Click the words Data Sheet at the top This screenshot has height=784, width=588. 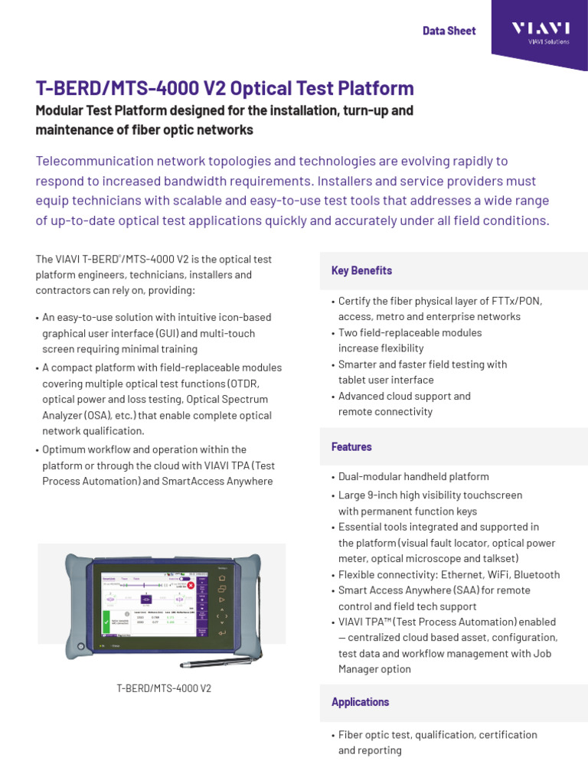(x=449, y=31)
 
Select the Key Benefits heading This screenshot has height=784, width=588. (x=361, y=270)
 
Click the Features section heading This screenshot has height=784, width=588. (x=351, y=446)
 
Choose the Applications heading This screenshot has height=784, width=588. (x=360, y=702)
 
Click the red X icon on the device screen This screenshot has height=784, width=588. (x=191, y=586)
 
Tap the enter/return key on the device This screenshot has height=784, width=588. (x=222, y=633)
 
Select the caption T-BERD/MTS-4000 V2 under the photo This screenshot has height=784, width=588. (x=164, y=688)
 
